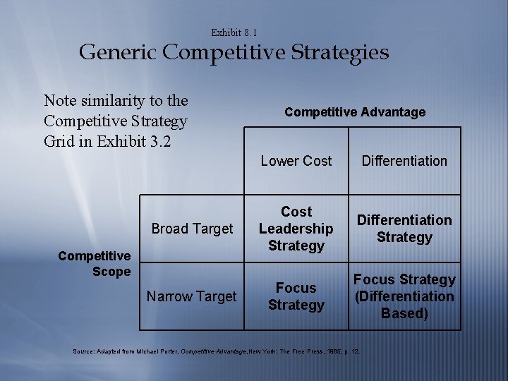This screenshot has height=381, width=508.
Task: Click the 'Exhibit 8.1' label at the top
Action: click(x=234, y=32)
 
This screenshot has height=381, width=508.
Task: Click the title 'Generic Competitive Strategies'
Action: click(x=234, y=53)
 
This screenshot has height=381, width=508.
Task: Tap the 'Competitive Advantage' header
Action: click(x=355, y=112)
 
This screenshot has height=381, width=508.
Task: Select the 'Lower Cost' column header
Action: click(x=296, y=161)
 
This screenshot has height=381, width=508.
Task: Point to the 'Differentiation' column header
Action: click(x=404, y=161)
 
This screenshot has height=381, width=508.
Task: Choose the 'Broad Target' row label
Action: click(x=192, y=229)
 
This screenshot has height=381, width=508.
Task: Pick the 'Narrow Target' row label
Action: click(x=191, y=296)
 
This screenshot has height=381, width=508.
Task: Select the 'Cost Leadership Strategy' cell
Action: click(x=296, y=229)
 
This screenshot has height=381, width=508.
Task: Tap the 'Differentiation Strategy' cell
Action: click(x=404, y=229)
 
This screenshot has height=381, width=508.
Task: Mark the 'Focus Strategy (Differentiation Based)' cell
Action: click(x=404, y=296)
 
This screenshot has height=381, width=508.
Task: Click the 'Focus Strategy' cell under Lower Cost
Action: click(x=296, y=296)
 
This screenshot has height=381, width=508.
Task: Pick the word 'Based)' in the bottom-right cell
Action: click(x=404, y=313)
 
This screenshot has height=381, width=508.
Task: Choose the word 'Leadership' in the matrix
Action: click(x=296, y=229)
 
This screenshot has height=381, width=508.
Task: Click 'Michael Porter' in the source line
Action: click(x=156, y=351)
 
